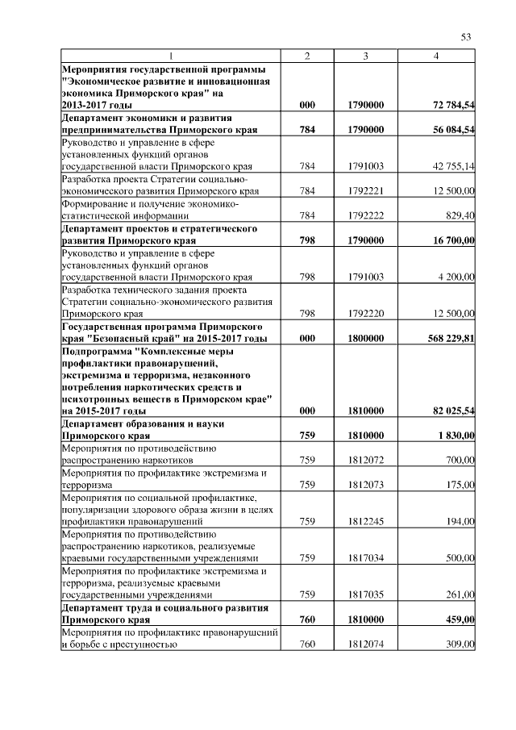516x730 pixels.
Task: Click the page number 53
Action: [466, 36]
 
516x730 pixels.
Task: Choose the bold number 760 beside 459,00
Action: [306, 619]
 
